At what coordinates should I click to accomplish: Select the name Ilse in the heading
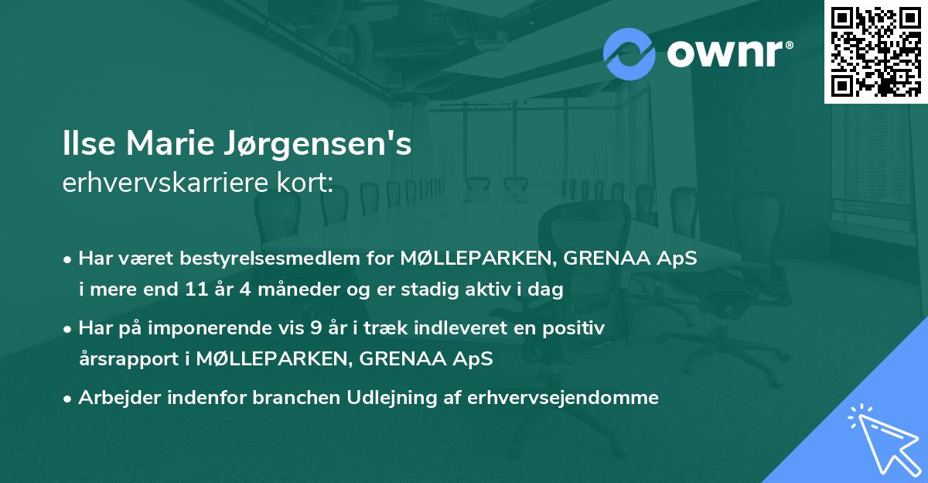coord(87,146)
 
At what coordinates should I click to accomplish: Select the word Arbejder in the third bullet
coord(114,398)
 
